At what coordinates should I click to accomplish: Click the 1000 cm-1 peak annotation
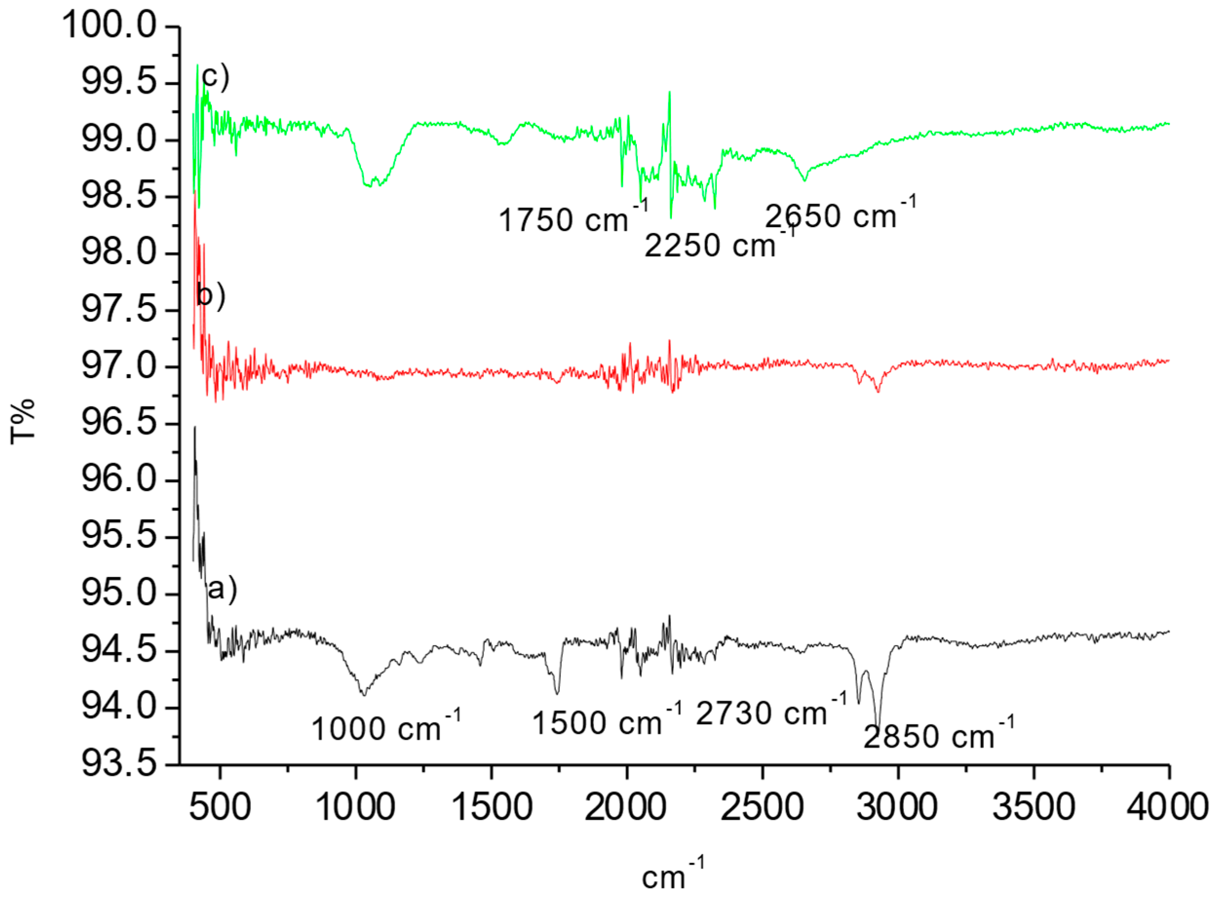[385, 727]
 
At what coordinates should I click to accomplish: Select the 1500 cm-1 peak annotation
[606, 722]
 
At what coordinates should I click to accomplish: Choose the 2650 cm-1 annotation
[840, 215]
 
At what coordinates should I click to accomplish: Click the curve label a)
[222, 588]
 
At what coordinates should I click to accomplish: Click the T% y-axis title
[23, 421]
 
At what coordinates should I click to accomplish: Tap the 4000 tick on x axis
[1167, 807]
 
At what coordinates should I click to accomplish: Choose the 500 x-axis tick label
[220, 807]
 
